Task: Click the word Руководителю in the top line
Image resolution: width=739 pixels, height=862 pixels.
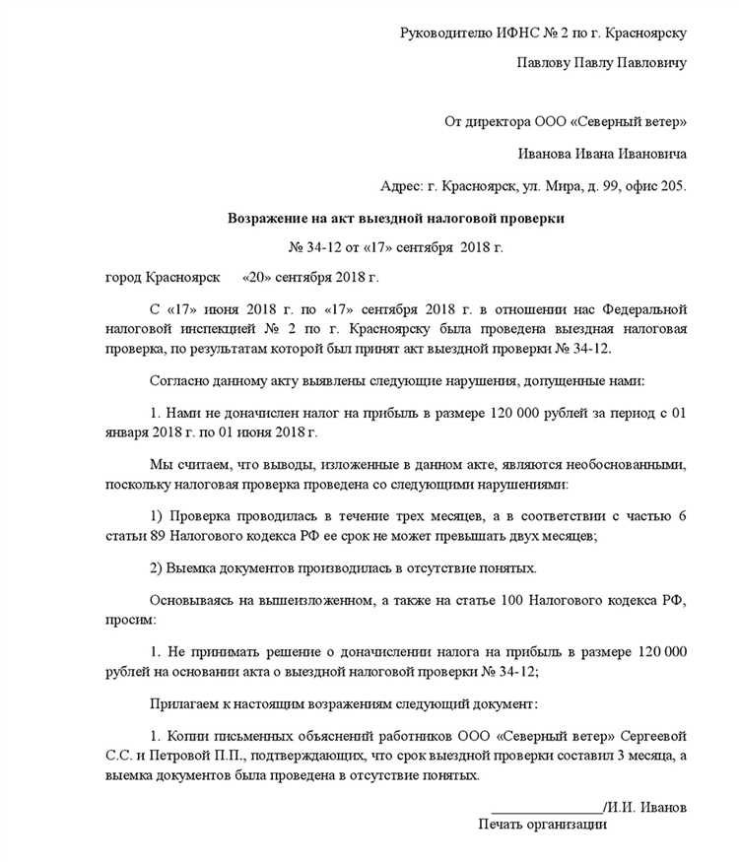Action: (x=443, y=33)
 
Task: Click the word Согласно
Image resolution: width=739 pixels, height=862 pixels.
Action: (x=178, y=380)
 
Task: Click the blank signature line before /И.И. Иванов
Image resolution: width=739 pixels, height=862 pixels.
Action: (x=549, y=807)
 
